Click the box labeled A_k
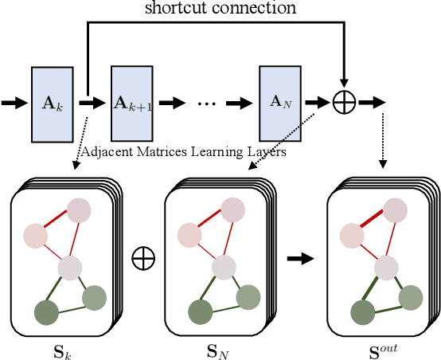[x=53, y=103]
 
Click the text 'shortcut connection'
[x=220, y=9]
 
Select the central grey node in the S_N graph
[x=225, y=267]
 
